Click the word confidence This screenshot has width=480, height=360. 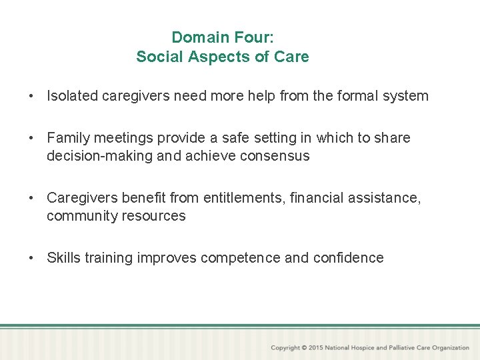pyautogui.click(x=350, y=258)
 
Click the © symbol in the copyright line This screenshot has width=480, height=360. pyautogui.click(x=304, y=348)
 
